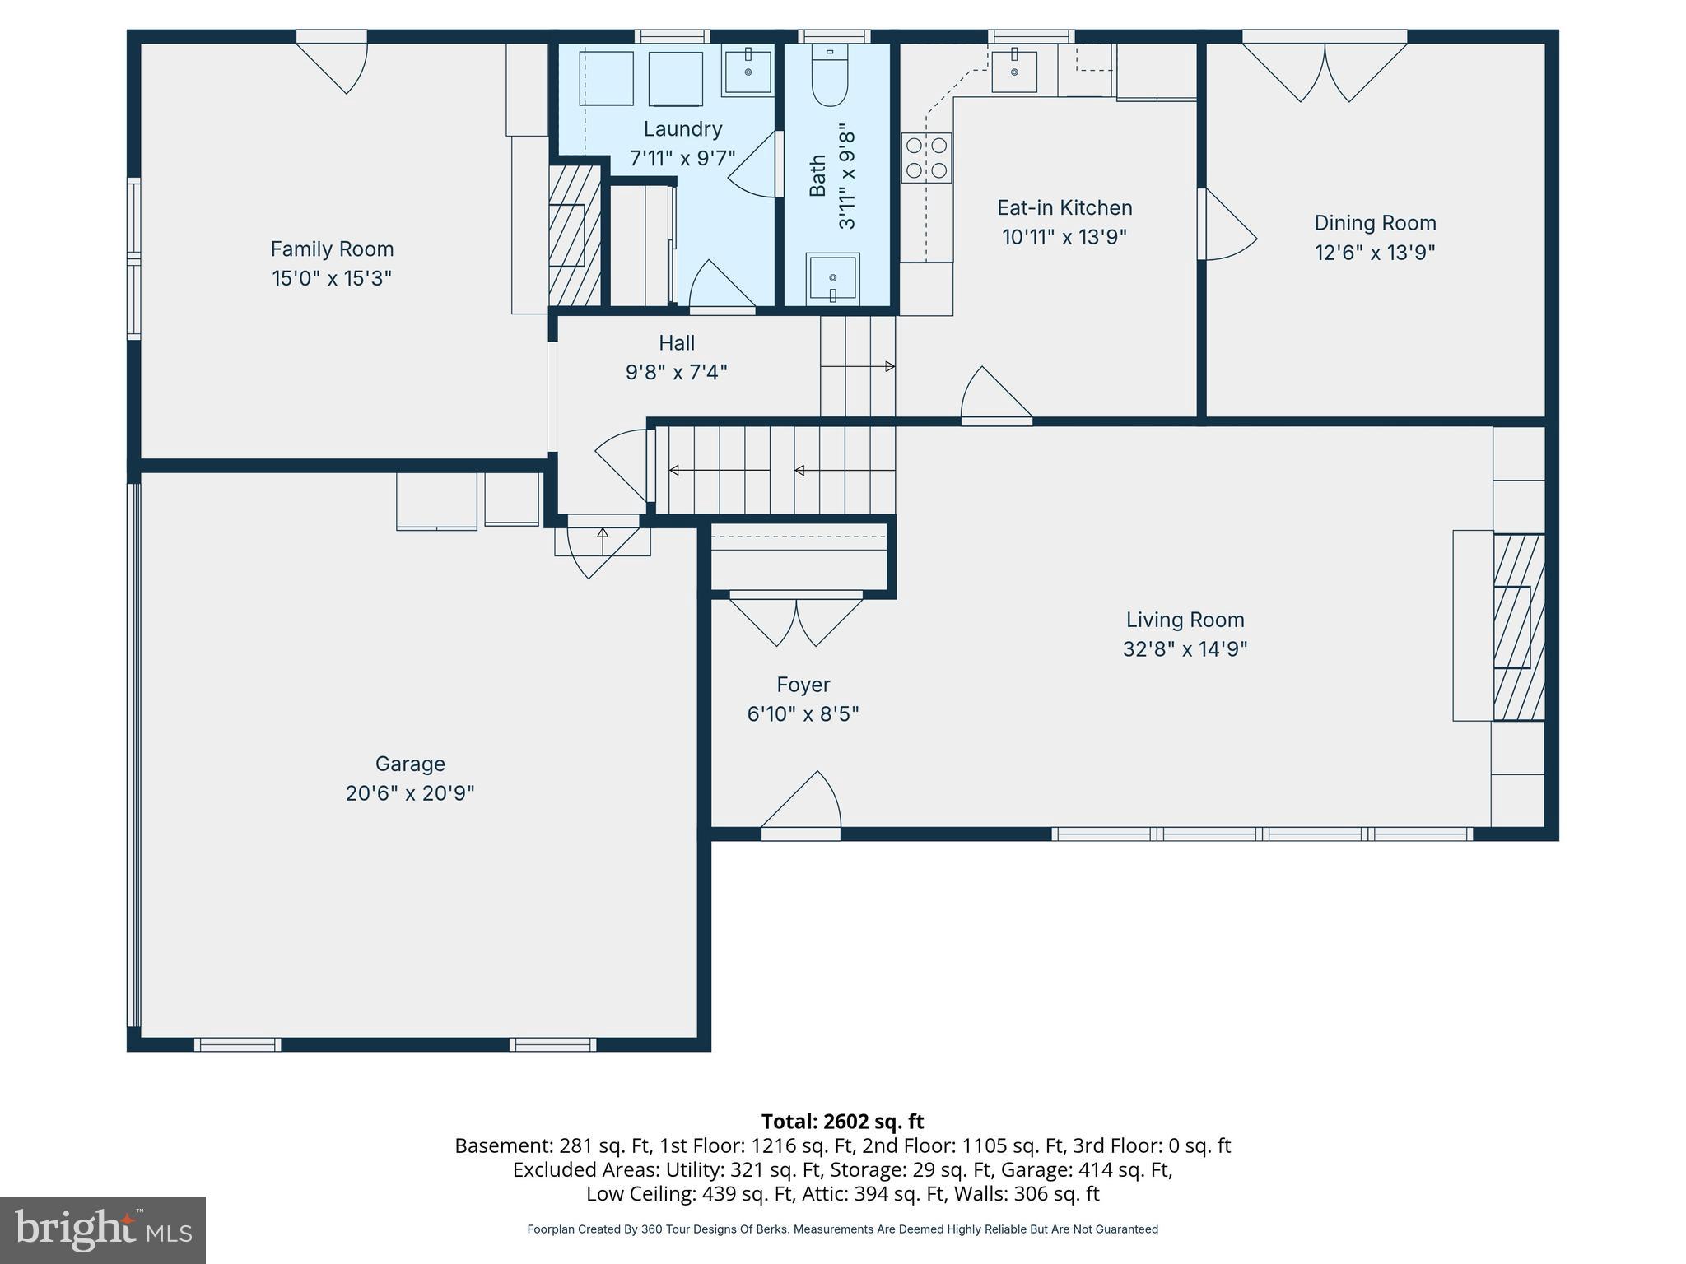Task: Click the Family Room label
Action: [332, 249]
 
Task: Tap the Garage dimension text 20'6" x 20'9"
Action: [410, 793]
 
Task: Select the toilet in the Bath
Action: [829, 76]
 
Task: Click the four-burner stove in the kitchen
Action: [927, 158]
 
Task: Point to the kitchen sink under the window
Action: [1014, 71]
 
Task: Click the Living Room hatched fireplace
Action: [1518, 627]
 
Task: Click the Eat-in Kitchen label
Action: [1064, 207]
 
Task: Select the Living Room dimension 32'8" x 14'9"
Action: [1185, 649]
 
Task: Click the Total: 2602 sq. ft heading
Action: [842, 1122]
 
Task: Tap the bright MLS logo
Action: [103, 1229]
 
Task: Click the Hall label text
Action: [677, 343]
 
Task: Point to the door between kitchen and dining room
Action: [1228, 225]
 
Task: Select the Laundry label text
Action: [682, 129]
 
